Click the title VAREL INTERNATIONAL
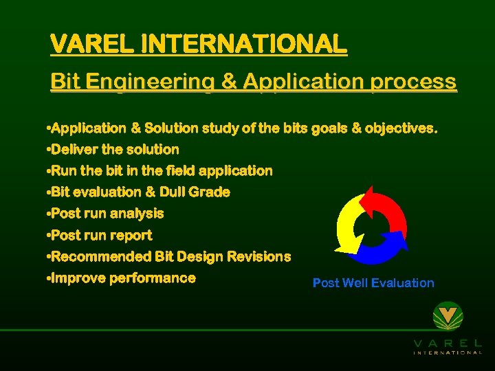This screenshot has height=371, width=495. pos(199,45)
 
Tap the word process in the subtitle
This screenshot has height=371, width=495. pos(412,82)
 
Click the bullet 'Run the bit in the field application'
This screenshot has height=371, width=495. pos(161,171)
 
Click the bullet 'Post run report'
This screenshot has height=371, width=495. pos(101,235)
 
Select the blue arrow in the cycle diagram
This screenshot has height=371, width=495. pos(382,251)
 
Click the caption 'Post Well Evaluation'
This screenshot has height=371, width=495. pos(373,283)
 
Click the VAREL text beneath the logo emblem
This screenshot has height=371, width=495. pos(448,342)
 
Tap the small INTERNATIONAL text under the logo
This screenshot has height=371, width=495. pos(448,352)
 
